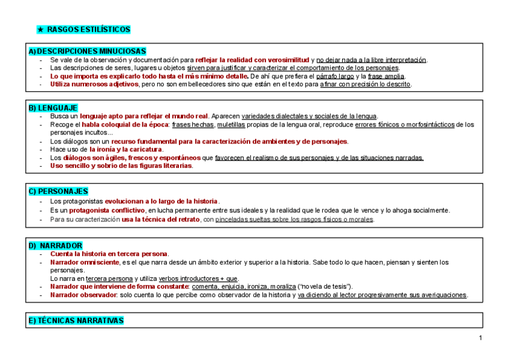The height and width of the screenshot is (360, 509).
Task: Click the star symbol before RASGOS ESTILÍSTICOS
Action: [x=40, y=29]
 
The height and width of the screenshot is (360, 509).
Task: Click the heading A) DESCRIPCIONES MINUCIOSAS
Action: [x=87, y=52]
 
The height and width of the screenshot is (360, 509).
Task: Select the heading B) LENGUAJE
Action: [x=53, y=107]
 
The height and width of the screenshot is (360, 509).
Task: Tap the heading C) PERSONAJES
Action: [x=58, y=191]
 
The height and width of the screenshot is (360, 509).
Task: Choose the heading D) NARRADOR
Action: [x=55, y=246]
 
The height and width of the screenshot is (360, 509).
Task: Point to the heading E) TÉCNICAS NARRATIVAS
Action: [x=76, y=320]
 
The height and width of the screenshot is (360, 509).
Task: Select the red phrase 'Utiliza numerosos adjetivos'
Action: [x=94, y=85]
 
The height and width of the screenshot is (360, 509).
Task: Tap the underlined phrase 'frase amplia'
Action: [x=387, y=76]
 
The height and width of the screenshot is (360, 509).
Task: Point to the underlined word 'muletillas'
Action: [x=230, y=125]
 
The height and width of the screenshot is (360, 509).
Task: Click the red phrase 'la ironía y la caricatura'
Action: [x=126, y=149]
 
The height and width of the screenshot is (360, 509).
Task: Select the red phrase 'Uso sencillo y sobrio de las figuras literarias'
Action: [x=121, y=166]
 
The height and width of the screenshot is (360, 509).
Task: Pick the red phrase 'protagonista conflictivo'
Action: [x=107, y=211]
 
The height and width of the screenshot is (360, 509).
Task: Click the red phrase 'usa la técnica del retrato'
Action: [x=160, y=220]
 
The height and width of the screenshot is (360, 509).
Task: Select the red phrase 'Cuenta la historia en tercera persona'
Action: [x=109, y=254]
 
